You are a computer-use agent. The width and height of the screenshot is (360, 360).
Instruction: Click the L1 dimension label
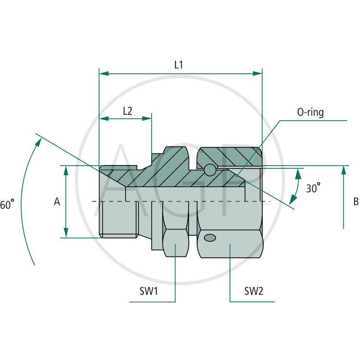[179, 65]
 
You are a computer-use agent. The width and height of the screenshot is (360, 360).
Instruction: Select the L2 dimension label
[127, 111]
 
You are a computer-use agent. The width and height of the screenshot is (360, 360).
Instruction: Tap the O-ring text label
[310, 112]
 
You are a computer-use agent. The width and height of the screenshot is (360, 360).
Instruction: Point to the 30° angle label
[313, 188]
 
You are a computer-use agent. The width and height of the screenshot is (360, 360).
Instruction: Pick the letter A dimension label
[57, 202]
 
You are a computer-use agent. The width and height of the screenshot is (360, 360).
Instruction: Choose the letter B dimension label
[355, 202]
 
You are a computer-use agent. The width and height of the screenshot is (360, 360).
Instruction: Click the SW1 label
[148, 291]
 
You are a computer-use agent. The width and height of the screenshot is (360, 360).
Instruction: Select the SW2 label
[254, 291]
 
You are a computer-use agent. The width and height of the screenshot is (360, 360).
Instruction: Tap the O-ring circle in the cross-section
[210, 170]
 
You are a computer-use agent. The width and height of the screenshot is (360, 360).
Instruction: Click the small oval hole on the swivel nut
[209, 238]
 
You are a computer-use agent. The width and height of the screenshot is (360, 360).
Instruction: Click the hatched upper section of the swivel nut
[229, 156]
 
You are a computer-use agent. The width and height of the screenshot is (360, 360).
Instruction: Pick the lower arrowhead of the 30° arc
[293, 200]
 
